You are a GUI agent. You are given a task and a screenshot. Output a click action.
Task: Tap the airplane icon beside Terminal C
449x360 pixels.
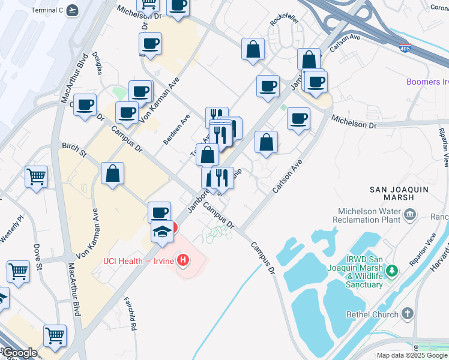[73, 10]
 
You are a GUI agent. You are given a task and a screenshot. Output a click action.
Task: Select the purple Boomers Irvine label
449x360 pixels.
[427, 82]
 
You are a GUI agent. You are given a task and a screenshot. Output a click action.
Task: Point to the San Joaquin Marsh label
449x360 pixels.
[399, 193]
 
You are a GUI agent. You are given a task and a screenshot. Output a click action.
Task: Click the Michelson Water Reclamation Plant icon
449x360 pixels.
[411, 214]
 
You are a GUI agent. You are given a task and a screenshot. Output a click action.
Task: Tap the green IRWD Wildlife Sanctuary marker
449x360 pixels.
[393, 271]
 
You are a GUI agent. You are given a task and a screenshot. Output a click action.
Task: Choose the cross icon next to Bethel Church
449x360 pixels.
[408, 313]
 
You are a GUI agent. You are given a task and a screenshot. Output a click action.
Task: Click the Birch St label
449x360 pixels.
[74, 149]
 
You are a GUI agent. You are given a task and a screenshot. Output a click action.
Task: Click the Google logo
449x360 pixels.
[19, 353]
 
